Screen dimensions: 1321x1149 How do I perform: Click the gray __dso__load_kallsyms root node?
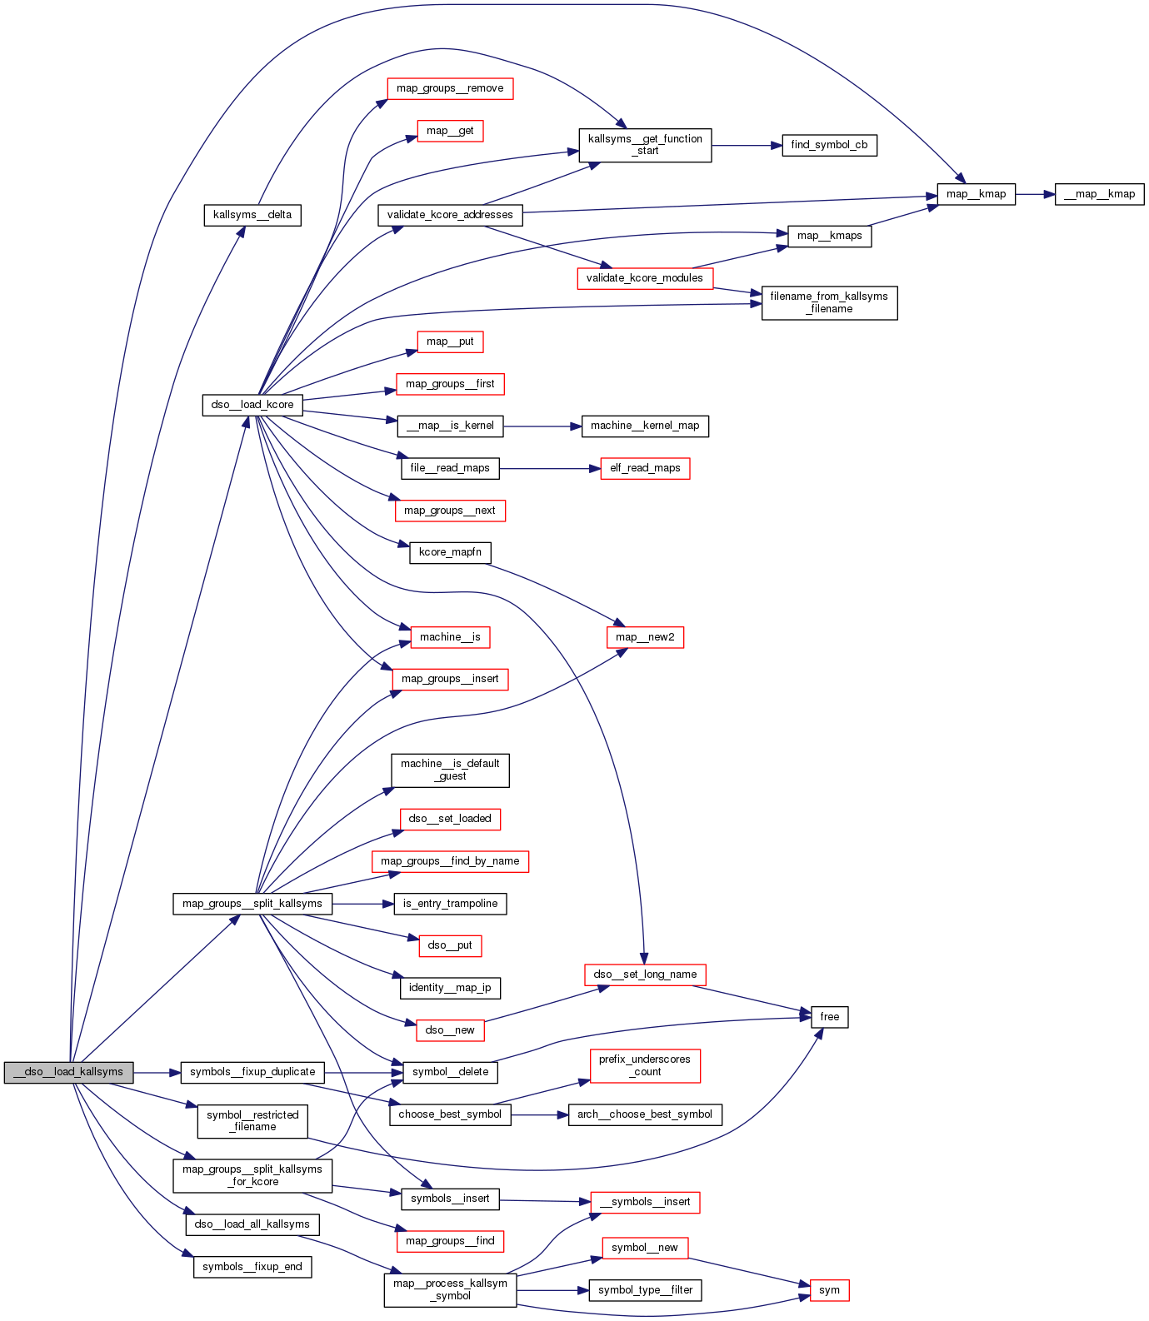[x=67, y=1072]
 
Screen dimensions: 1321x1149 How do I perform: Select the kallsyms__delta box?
[x=252, y=215]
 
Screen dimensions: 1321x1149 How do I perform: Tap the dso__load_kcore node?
[x=252, y=405]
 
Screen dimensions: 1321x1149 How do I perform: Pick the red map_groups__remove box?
[x=450, y=88]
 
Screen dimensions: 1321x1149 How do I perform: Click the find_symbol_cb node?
[x=829, y=145]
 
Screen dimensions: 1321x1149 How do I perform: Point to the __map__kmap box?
[x=1099, y=194]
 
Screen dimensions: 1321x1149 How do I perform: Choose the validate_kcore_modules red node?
[x=644, y=278]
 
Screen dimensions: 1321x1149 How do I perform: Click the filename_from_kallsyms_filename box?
[x=829, y=302]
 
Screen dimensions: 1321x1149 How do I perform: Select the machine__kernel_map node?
[x=645, y=426]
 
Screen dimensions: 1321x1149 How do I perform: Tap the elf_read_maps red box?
[x=645, y=468]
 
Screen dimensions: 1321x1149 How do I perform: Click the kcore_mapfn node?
[x=450, y=552]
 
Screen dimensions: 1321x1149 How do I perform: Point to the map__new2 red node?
[x=645, y=637]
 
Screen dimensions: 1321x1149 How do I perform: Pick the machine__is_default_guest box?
[x=450, y=770]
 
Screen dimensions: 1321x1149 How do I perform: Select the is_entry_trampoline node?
[x=450, y=904]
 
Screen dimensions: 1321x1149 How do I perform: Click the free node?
[x=829, y=1017]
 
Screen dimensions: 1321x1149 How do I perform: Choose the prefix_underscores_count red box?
[x=645, y=1065]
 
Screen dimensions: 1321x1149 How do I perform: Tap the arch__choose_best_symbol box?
[x=645, y=1114]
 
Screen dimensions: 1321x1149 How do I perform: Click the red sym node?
[x=829, y=1290]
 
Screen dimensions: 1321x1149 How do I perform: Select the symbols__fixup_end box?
[x=252, y=1267]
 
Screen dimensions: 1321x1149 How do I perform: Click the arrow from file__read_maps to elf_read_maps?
[x=549, y=469]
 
